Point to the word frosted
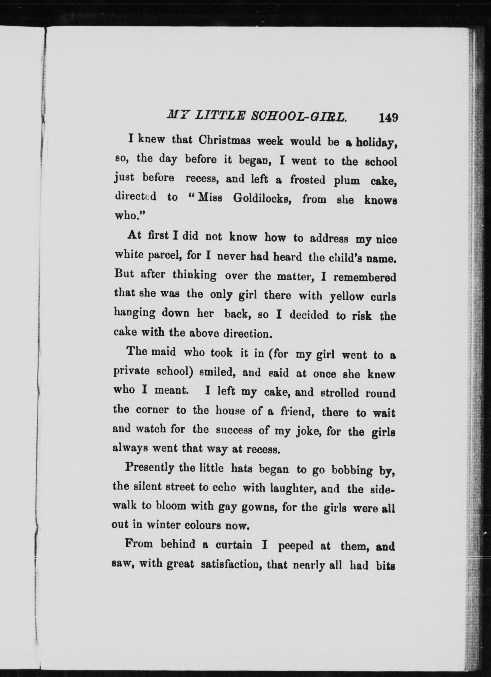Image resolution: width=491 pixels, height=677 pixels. click(307, 180)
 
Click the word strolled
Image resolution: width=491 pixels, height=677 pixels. click(339, 393)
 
